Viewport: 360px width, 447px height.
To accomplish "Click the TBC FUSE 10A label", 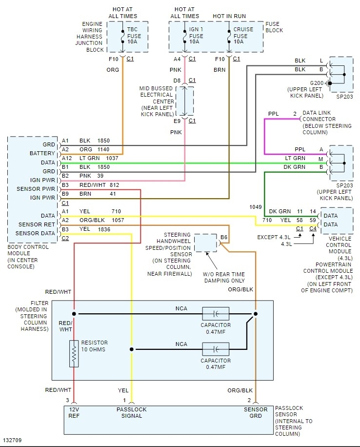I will click(x=134, y=36).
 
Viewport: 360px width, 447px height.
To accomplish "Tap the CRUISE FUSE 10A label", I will click(x=243, y=36).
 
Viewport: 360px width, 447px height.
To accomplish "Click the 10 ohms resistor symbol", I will click(x=74, y=353).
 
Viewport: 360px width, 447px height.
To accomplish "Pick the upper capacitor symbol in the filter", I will click(x=216, y=313).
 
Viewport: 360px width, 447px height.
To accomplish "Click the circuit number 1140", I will click(x=103, y=149).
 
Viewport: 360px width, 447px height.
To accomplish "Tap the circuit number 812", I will click(x=114, y=185).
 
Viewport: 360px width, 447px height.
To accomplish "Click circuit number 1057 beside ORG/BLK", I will click(x=118, y=220).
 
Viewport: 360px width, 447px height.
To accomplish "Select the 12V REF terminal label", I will click(x=74, y=412).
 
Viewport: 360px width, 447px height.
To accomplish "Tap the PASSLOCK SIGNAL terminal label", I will click(x=131, y=412).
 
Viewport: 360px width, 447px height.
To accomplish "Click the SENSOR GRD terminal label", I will click(x=256, y=412).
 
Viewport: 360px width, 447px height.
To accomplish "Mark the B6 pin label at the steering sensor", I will click(x=224, y=238).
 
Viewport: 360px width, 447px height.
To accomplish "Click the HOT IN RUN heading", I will click(x=229, y=16).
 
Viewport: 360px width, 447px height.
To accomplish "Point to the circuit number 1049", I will click(x=255, y=207).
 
